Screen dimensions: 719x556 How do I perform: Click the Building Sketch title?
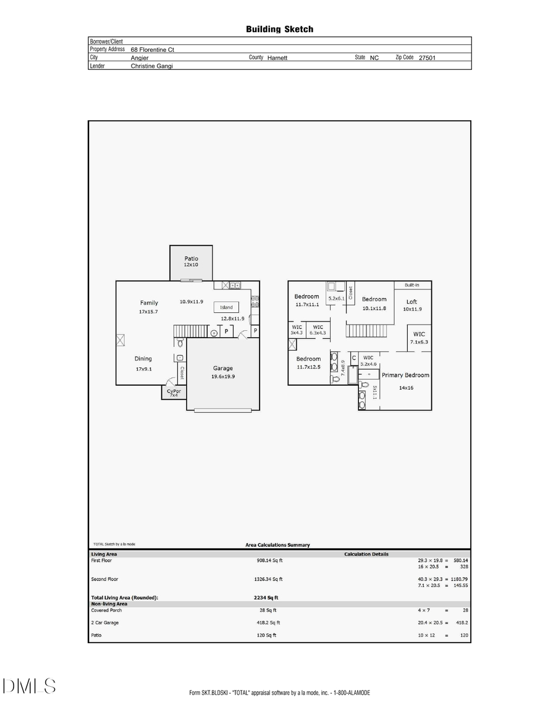click(279, 29)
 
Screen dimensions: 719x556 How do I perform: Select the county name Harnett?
click(277, 57)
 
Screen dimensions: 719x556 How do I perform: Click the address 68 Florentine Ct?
click(156, 49)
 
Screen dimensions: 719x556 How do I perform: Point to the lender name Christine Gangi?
click(151, 65)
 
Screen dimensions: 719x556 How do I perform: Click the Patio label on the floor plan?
click(192, 259)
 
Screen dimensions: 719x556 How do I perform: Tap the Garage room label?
click(223, 368)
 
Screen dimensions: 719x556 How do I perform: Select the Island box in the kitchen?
click(227, 307)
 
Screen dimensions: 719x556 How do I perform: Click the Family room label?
click(149, 303)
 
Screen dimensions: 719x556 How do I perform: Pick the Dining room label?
click(143, 359)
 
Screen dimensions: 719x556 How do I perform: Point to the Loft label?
click(411, 302)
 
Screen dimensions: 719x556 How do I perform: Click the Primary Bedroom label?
click(405, 375)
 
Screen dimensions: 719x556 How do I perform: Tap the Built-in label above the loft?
click(412, 286)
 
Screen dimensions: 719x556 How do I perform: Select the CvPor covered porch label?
click(174, 391)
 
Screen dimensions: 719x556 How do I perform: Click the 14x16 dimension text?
click(405, 388)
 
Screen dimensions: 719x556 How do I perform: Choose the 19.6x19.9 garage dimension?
click(223, 376)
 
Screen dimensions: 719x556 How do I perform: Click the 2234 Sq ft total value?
click(266, 597)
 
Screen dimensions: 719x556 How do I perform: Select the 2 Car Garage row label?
click(105, 623)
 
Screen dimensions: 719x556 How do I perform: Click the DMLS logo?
click(29, 686)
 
